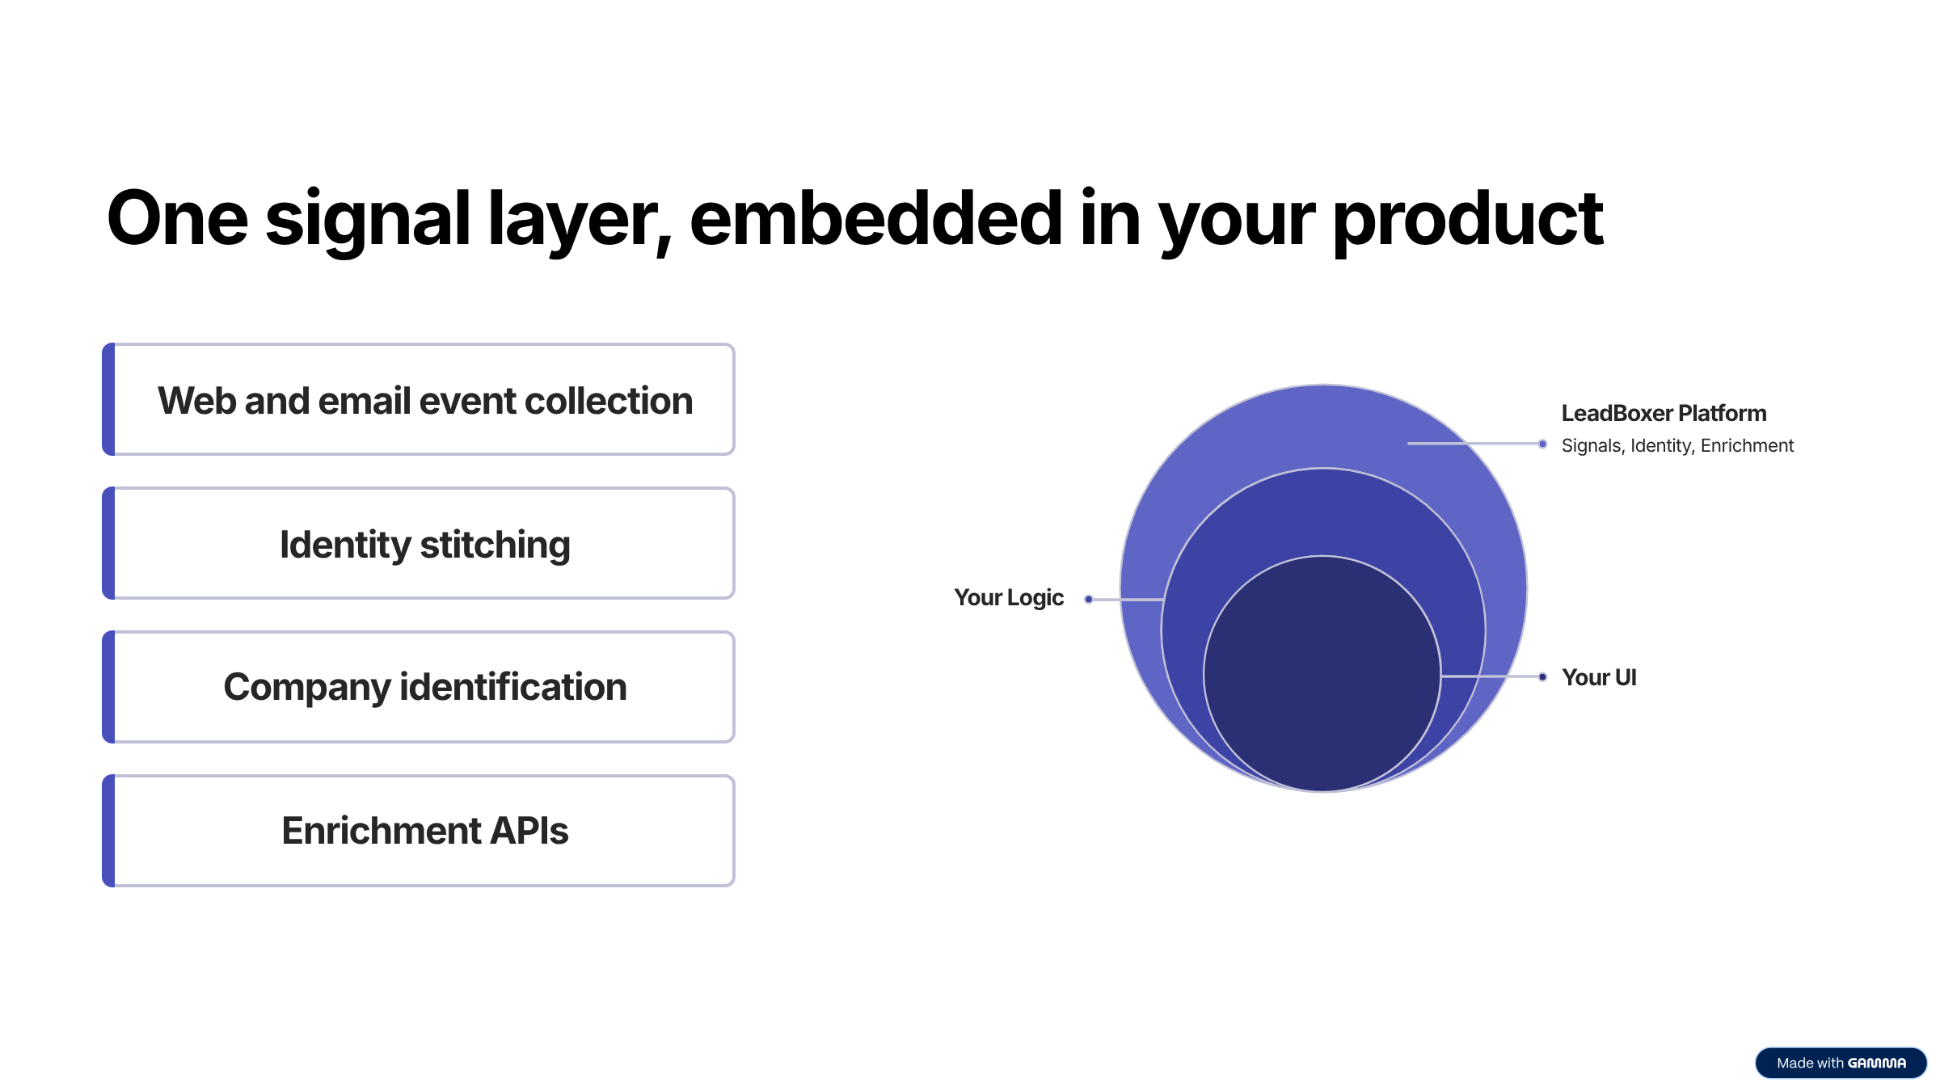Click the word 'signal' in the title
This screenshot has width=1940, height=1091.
(x=368, y=220)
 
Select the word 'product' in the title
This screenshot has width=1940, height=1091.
(x=1467, y=220)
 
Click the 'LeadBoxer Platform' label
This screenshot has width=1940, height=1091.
(x=1664, y=413)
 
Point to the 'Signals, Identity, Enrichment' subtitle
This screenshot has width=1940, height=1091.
(x=1676, y=445)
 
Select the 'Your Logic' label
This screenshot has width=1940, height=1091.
(x=1008, y=597)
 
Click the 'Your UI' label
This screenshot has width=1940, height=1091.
(x=1598, y=677)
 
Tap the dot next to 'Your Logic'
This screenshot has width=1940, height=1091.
(x=1089, y=599)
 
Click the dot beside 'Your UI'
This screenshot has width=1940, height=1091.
(x=1542, y=676)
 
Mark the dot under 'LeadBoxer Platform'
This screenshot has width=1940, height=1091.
(x=1542, y=444)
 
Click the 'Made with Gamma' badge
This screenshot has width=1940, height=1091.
(x=1841, y=1063)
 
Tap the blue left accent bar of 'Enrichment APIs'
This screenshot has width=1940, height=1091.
(x=108, y=831)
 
